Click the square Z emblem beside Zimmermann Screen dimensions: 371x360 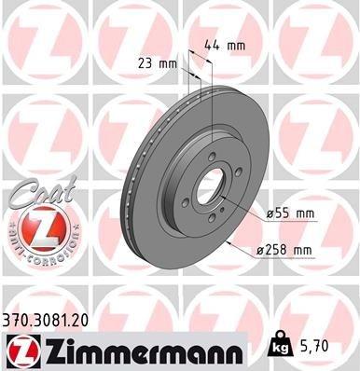tap(20, 348)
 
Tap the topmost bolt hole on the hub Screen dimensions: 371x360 tap(214, 158)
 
